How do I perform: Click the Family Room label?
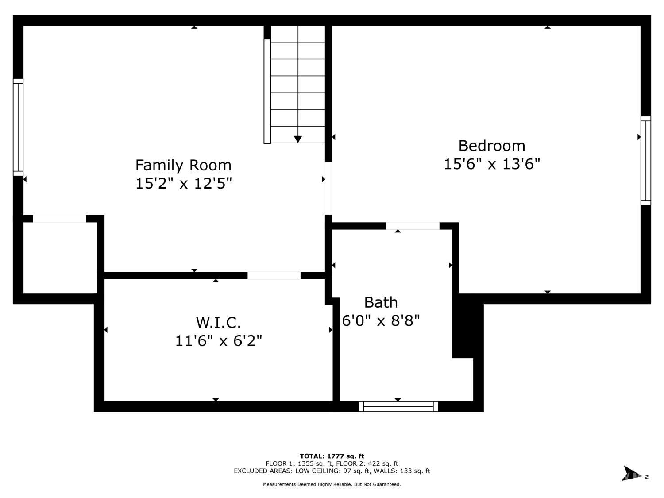(183, 166)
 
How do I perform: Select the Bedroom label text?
(491, 146)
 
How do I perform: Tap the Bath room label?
(381, 302)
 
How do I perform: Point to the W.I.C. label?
(218, 323)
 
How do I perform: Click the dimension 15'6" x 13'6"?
(491, 164)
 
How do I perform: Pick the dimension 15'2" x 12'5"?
(183, 183)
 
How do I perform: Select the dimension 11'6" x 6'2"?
(218, 341)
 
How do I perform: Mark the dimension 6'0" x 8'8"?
(381, 320)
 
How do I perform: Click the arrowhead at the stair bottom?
(297, 139)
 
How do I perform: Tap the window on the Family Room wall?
(18, 127)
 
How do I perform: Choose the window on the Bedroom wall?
(645, 161)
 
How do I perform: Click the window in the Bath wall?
(398, 406)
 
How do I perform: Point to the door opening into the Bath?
(413, 226)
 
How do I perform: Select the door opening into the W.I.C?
(274, 275)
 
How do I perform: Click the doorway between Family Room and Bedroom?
(328, 188)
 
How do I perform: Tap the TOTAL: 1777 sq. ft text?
(332, 456)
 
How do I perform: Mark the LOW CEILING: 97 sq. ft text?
(333, 471)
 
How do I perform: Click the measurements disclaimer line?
(332, 484)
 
